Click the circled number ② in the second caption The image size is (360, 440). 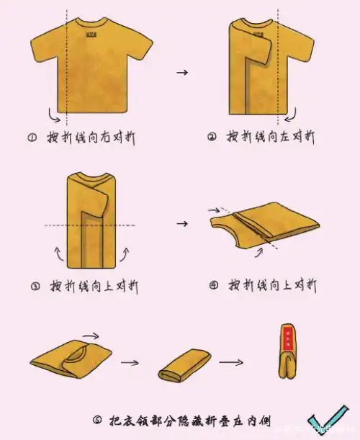212,137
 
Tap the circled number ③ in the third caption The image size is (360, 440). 35,286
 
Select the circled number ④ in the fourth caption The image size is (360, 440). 213,285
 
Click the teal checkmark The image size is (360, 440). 328,424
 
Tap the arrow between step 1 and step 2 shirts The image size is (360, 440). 182,73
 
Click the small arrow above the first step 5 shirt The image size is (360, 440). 91,335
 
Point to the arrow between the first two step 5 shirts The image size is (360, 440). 130,362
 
